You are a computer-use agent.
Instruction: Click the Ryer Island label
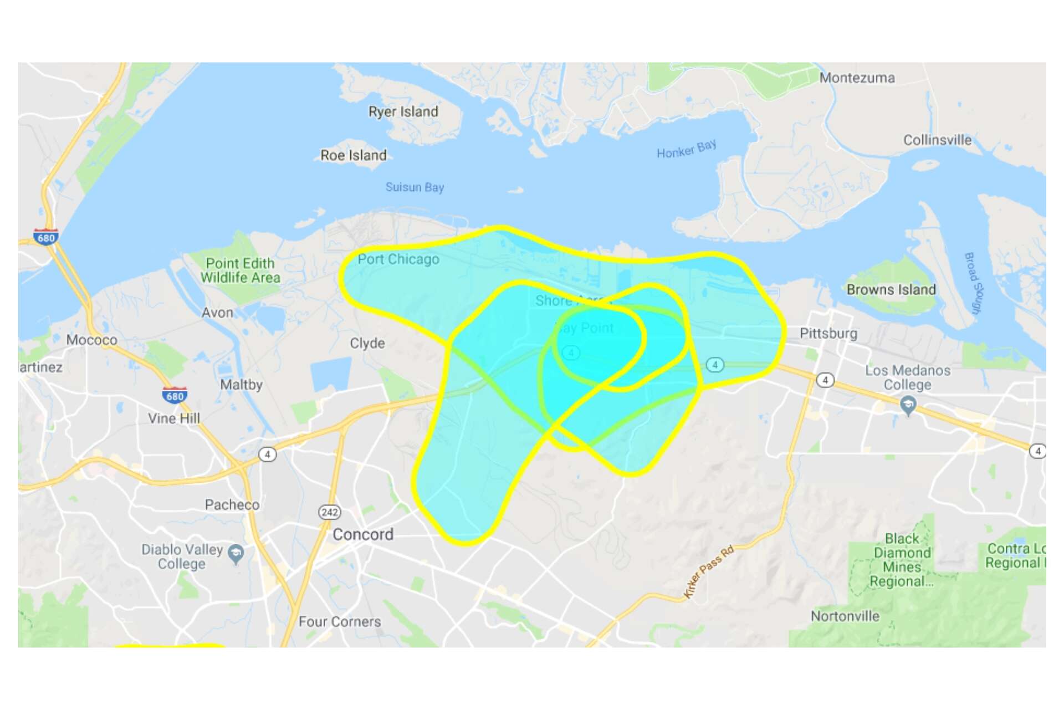coord(403,111)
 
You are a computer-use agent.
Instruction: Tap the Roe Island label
coord(354,155)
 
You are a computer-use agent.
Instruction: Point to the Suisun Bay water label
coord(415,187)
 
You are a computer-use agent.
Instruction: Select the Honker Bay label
coord(686,149)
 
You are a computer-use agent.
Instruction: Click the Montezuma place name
coord(857,78)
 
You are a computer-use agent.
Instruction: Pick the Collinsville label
coord(937,140)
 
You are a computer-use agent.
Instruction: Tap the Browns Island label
coord(891,289)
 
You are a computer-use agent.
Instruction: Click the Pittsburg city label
coord(828,333)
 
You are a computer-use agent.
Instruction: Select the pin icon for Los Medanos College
coord(908,406)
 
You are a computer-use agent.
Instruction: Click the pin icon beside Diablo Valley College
coord(236,553)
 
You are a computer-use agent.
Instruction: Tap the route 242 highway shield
coord(330,512)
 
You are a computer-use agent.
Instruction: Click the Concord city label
coord(363,534)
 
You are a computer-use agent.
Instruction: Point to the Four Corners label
coord(340,622)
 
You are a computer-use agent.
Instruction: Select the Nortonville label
coord(845,616)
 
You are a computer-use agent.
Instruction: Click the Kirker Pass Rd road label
coord(709,571)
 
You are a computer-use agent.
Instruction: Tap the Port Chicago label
coord(398,259)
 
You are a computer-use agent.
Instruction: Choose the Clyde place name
coord(367,343)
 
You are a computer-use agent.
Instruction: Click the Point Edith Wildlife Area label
coord(240,270)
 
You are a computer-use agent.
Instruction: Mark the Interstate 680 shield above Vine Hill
coord(175,396)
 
